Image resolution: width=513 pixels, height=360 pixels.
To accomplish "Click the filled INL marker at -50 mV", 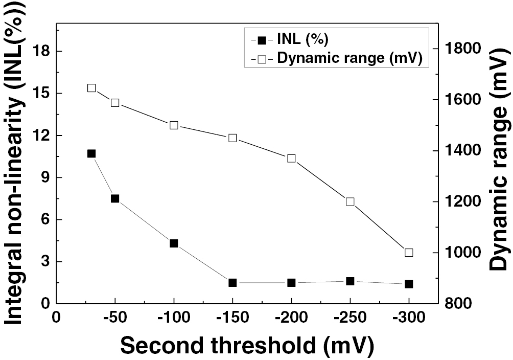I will [115, 198].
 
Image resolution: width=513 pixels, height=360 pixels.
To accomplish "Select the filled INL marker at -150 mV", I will [232, 283].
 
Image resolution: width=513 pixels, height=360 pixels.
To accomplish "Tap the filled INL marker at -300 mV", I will [409, 284].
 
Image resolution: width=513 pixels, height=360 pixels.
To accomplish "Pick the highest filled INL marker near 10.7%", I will [91, 153].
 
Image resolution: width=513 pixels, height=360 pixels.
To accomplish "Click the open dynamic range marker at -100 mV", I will [174, 125].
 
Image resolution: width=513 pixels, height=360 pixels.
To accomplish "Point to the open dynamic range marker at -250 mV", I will [350, 201].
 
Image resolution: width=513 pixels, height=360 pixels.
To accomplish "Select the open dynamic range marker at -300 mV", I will [409, 253].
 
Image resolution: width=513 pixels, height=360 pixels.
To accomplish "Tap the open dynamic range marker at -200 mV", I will [291, 159].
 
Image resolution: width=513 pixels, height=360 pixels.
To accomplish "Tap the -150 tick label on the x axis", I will [232, 317].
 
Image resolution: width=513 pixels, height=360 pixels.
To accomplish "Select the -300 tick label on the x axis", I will [409, 317].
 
